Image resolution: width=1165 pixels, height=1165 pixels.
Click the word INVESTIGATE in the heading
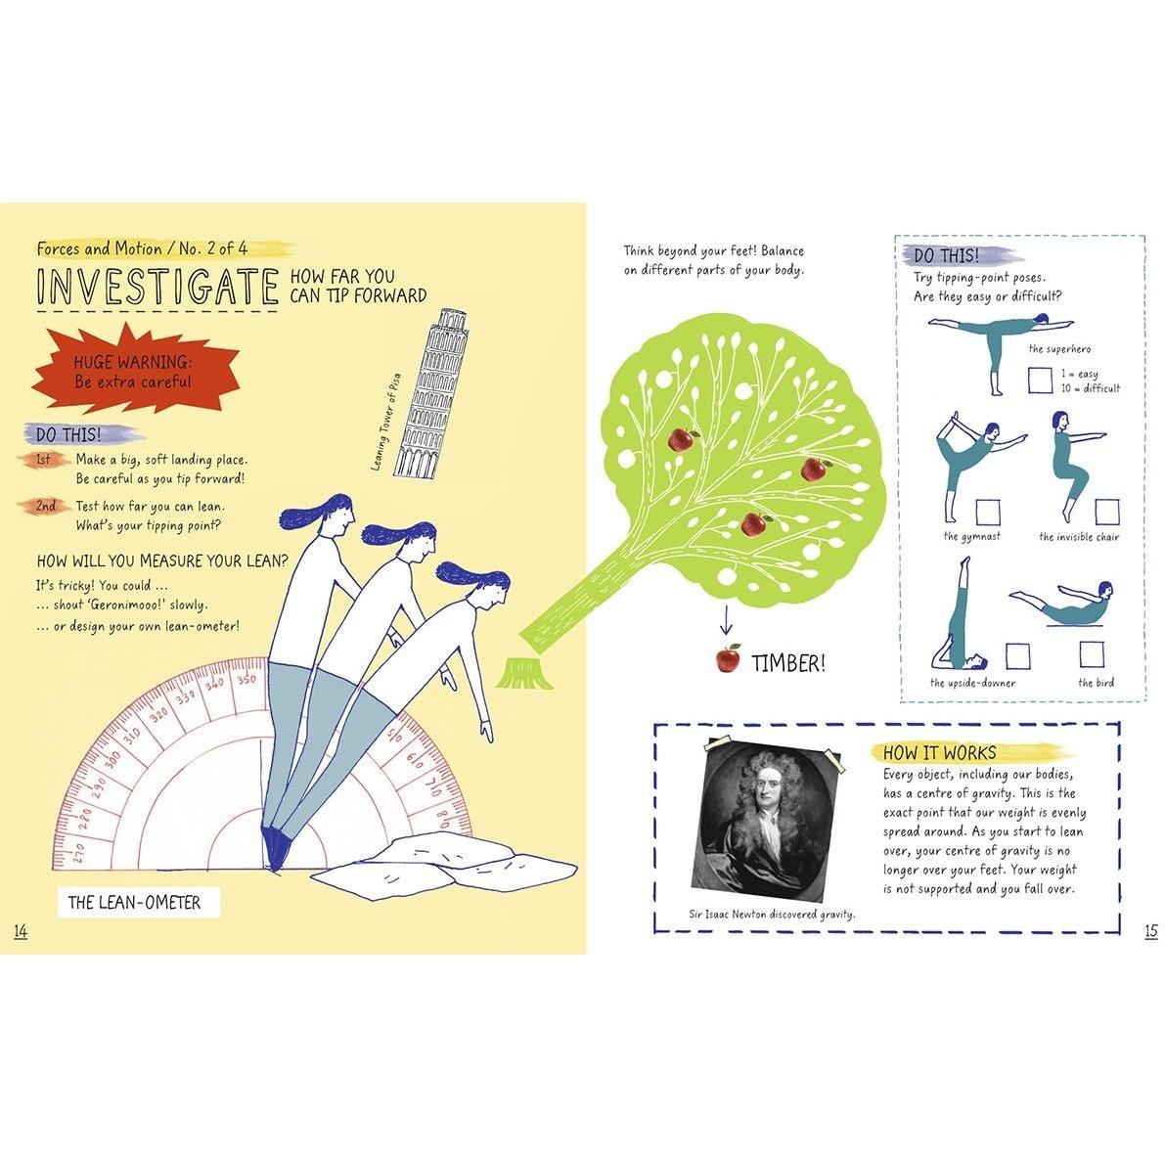click(x=157, y=287)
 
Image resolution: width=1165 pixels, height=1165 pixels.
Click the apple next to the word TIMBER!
click(x=729, y=658)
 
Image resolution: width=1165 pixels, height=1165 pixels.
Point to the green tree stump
click(x=527, y=672)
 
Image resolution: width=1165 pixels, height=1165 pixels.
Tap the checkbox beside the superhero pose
click(x=1040, y=381)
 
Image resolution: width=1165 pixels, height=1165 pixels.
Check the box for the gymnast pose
click(x=987, y=512)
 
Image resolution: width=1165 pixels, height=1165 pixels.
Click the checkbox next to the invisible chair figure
click(x=1107, y=512)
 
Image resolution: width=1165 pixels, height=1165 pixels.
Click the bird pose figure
click(x=1061, y=605)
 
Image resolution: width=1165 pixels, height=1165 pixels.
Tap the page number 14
click(x=21, y=931)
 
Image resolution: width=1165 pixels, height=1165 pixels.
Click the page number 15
click(x=1150, y=931)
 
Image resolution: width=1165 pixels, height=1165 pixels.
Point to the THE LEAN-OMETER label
click(x=134, y=903)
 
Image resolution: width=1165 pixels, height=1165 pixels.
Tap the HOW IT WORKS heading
click(x=939, y=752)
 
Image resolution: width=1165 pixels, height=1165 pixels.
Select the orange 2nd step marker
click(x=46, y=506)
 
